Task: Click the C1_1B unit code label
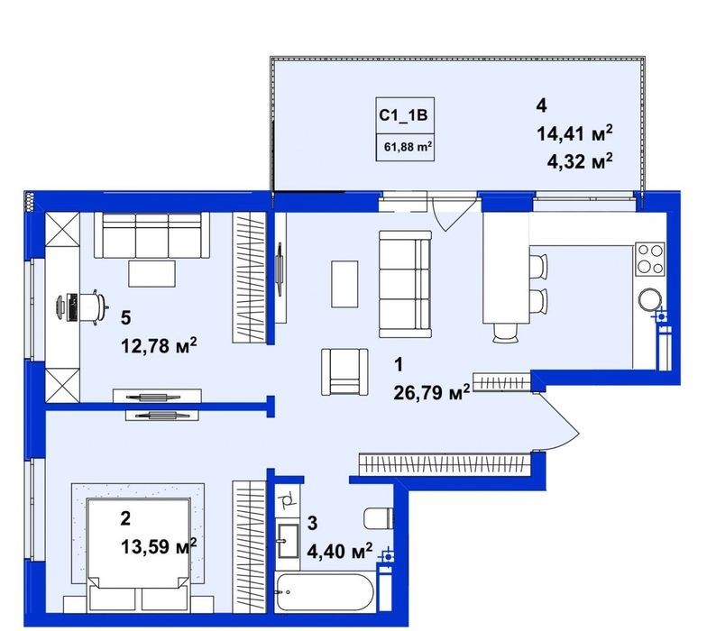pyautogui.click(x=403, y=115)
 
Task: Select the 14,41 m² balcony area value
pyautogui.click(x=575, y=133)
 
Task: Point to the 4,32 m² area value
pyautogui.click(x=580, y=160)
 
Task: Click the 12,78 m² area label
pyautogui.click(x=159, y=346)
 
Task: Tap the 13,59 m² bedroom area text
pyautogui.click(x=159, y=546)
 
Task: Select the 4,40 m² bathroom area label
pyautogui.click(x=339, y=551)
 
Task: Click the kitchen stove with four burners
pyautogui.click(x=649, y=260)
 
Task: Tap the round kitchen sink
pyautogui.click(x=649, y=299)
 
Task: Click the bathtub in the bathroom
pyautogui.click(x=324, y=591)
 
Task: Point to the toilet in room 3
pyautogui.click(x=379, y=518)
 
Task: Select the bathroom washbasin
pyautogui.click(x=288, y=541)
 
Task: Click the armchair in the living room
pyautogui.click(x=344, y=371)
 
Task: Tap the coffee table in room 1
pyautogui.click(x=344, y=284)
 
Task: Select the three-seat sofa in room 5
pyautogui.click(x=151, y=235)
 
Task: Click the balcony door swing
pyautogui.click(x=453, y=212)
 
